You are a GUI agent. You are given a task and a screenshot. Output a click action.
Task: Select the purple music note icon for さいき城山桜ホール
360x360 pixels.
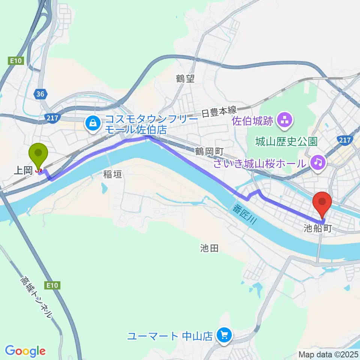tap(318, 162)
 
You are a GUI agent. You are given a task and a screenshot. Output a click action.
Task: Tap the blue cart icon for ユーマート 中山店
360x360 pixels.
tap(224, 335)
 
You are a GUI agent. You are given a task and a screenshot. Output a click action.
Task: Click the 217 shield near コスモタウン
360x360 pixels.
tap(52, 118)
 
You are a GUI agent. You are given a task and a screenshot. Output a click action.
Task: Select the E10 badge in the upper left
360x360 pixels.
tap(16, 60)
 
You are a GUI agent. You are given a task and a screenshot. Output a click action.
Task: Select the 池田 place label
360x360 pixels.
tap(209, 248)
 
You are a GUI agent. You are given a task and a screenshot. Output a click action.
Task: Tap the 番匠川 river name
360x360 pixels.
tap(244, 215)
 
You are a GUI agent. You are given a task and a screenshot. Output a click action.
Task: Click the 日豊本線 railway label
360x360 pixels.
tap(219, 111)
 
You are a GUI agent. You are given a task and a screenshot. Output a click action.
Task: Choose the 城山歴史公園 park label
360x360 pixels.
tap(286, 141)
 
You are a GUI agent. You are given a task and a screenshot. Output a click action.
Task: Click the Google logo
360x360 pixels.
tap(25, 351)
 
